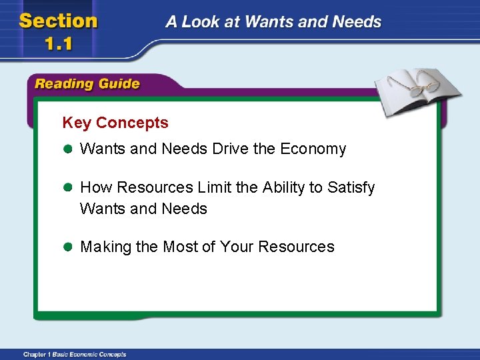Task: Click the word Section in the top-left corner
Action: pos(59,21)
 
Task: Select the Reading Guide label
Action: pos(87,84)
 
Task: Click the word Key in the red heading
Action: pos(77,123)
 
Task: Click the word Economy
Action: pos(313,149)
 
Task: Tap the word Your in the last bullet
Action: pos(236,247)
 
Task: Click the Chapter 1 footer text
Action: pos(74,354)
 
